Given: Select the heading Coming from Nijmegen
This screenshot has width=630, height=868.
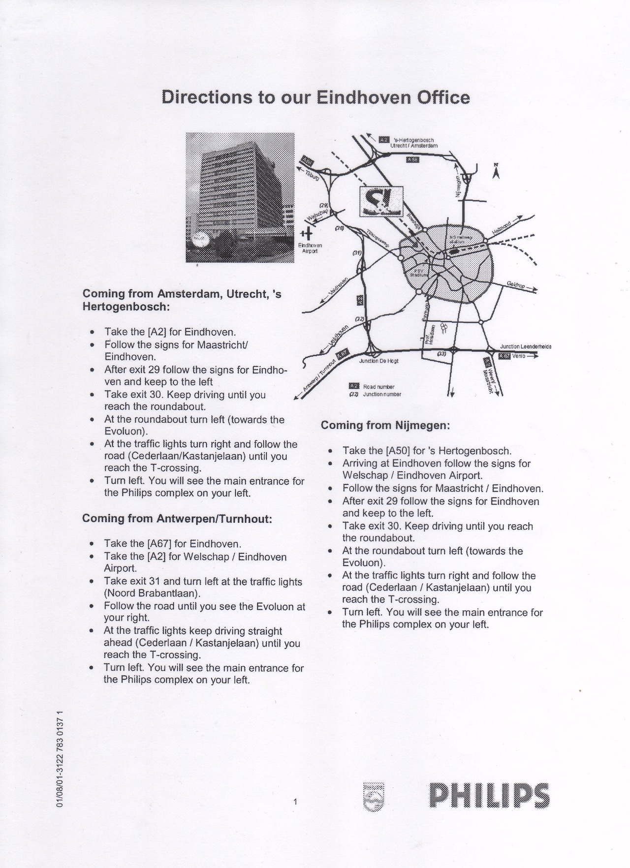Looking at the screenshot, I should coord(385,425).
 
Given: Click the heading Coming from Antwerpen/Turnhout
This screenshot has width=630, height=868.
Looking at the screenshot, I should coord(177,519).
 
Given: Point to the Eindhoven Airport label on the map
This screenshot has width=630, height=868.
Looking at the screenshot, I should coord(310,248).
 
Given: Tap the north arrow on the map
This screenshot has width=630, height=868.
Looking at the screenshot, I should coord(496,171).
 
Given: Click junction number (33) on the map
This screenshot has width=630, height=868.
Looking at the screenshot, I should coord(441,354).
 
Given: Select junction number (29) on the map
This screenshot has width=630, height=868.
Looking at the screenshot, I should coord(323,205).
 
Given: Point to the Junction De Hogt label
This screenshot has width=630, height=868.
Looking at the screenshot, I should coord(378,361).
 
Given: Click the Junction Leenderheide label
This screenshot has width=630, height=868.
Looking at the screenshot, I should coord(525,346).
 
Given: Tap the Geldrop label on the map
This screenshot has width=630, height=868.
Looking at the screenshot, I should coord(517,285).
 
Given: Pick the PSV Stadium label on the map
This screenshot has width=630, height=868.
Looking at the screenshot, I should coord(419,273).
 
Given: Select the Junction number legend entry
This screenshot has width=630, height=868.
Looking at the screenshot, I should coord(381,394).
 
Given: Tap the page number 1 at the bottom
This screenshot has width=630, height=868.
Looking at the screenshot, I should coord(295,802).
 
